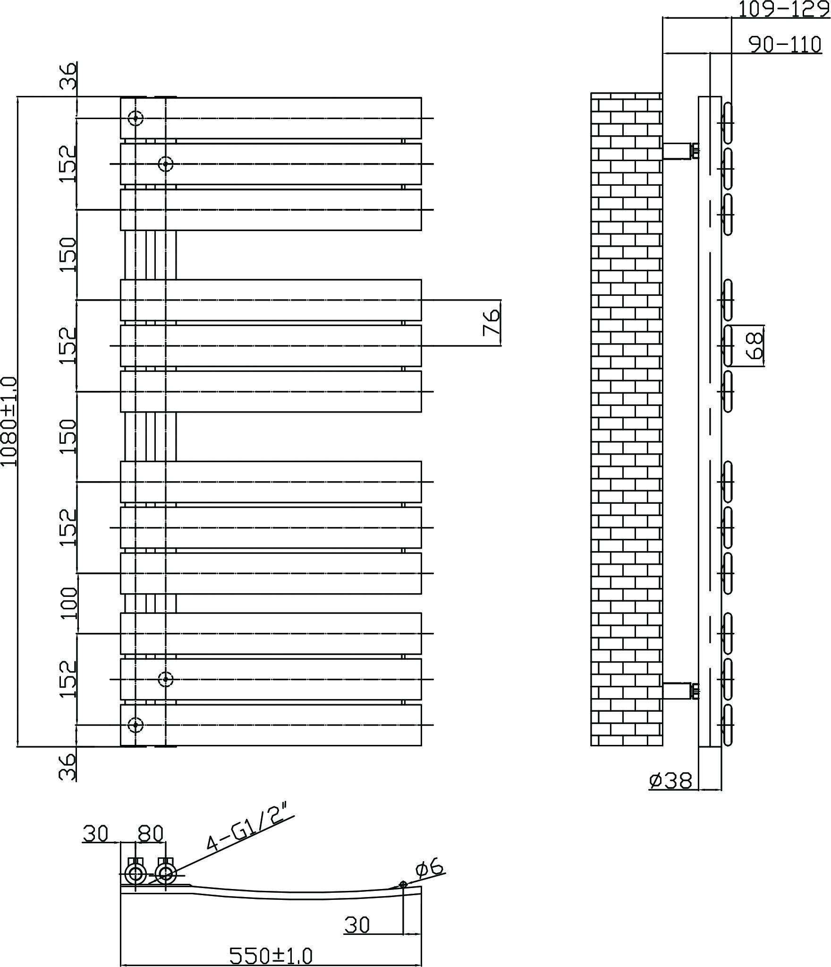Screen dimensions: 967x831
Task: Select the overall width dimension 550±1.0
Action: tap(271, 956)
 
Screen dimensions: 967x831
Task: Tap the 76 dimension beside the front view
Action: tap(492, 322)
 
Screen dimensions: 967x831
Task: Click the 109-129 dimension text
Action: tap(784, 9)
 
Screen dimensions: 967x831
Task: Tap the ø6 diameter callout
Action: tap(429, 867)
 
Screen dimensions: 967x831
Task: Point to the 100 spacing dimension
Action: tap(69, 603)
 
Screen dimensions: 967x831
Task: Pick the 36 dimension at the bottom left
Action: tap(68, 767)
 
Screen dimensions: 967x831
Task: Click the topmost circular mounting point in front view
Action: tap(136, 118)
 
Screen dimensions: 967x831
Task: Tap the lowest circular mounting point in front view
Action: tap(136, 725)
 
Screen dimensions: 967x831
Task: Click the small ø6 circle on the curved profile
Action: tap(403, 884)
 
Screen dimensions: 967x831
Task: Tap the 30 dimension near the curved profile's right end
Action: tap(357, 925)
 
